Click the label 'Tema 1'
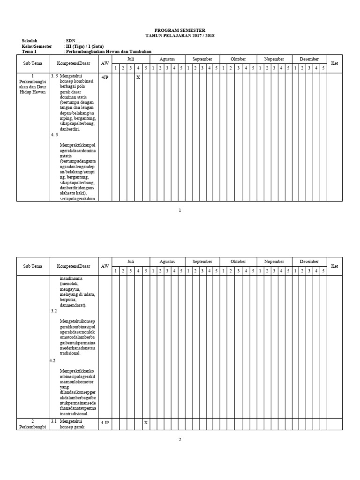(x=29, y=52)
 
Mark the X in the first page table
(x=138, y=77)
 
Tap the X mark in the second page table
(x=146, y=422)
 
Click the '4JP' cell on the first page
(x=105, y=77)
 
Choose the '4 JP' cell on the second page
(x=105, y=422)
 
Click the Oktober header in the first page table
(x=239, y=59)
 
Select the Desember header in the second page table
(x=309, y=262)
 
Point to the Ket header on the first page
(x=334, y=63)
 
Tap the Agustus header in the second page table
(x=167, y=262)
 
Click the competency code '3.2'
(x=53, y=311)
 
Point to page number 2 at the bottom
(x=180, y=440)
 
